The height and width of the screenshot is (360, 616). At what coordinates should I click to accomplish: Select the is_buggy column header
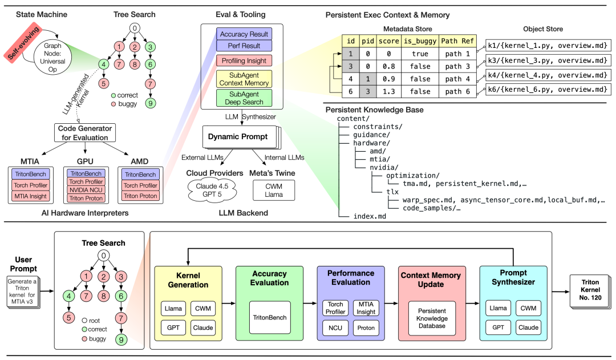pos(419,41)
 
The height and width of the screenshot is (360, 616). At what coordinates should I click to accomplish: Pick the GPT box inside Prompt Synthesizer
pos(499,328)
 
